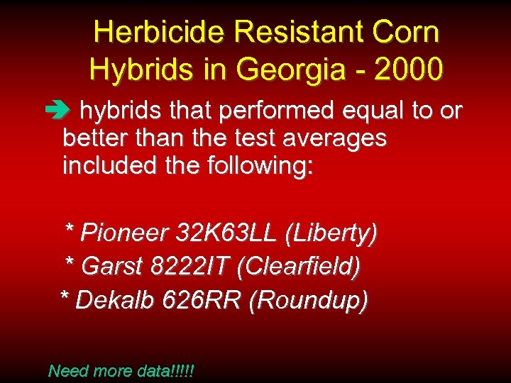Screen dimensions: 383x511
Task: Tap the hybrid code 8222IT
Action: (x=190, y=267)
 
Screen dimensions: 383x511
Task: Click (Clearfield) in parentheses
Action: (x=298, y=267)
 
